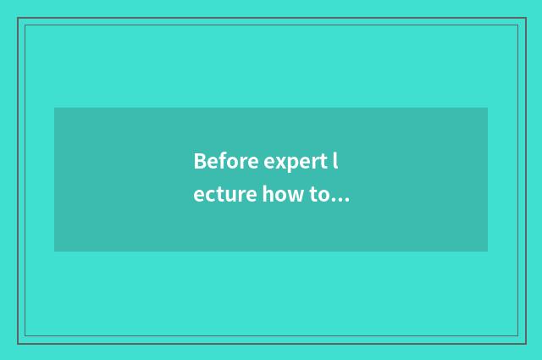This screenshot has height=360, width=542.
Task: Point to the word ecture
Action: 224,196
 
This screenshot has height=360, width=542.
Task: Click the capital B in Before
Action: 200,161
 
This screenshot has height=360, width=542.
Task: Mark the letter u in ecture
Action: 229,197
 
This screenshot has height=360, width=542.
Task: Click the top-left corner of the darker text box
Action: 54,108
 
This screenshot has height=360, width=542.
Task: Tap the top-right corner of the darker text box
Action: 488,108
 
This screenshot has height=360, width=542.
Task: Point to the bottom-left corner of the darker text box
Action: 54,252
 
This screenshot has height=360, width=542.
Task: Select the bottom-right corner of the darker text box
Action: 488,252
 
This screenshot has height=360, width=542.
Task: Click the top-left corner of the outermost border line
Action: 18,18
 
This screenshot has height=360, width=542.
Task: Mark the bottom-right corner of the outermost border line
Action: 525,343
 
